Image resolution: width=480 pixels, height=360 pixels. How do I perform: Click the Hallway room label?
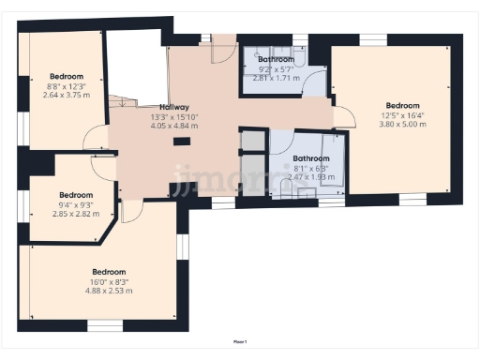174,107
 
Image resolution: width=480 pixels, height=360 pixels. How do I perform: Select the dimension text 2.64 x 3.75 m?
67,95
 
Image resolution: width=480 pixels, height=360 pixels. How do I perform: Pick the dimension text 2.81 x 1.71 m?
277,78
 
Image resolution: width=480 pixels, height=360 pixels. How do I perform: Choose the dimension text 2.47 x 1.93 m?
310,177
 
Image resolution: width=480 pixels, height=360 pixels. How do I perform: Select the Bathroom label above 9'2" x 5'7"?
277,59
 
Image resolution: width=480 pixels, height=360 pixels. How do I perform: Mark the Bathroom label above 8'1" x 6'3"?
310,158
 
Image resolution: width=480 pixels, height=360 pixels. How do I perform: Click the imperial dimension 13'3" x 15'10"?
174,116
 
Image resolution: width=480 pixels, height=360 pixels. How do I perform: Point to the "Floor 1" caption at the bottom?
240,342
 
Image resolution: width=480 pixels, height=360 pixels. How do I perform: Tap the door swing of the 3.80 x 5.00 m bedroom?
343,117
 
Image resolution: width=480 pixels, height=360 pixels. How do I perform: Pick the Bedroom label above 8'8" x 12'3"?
67,76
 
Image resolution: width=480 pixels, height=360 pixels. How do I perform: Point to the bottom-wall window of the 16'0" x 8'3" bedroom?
105,325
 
